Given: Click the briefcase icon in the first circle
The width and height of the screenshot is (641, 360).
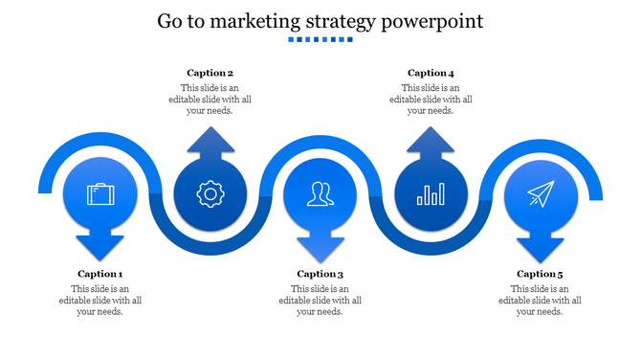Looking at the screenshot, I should coord(100,194).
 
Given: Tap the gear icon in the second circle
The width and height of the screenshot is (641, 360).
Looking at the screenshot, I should coord(210,194).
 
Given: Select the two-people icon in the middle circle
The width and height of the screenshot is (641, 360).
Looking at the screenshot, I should coord(320,194).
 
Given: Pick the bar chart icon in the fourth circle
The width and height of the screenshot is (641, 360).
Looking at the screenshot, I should coord(430,195).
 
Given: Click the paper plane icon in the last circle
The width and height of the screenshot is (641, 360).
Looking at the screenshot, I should coord(541,194).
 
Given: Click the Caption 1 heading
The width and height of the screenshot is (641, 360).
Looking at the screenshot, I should coord(100,274).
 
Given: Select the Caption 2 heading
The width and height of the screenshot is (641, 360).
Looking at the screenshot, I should coord(210,73).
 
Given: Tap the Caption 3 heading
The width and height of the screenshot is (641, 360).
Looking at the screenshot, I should coord(320,274).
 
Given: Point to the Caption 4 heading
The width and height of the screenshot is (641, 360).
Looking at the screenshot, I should coord(431,73).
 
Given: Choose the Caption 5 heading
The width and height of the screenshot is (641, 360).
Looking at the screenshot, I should coord(541,274).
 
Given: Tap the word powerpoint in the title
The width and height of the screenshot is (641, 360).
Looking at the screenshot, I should coord(432,22).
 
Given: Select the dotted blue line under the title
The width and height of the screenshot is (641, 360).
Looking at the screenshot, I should coord(320,41).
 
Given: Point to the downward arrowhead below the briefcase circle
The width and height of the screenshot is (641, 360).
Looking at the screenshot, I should coord(100,248).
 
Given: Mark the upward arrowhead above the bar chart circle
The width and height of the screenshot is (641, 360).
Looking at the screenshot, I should coord(431,142).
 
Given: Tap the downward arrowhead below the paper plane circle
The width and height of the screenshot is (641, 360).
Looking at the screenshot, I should coord(541,248).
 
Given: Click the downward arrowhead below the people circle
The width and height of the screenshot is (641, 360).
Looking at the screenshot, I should coord(320,248).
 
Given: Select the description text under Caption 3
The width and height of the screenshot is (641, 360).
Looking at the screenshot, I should coord(320,300).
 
